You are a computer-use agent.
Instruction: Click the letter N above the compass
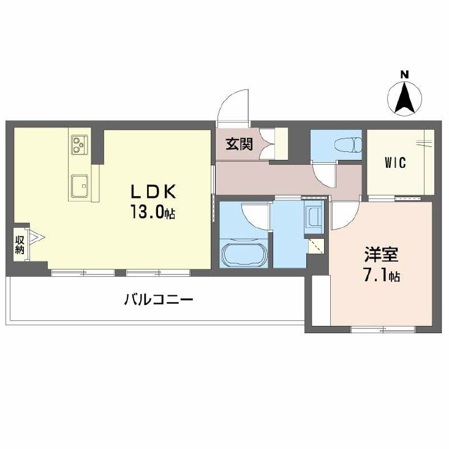[x=404, y=75]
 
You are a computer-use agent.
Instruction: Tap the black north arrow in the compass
[x=405, y=97]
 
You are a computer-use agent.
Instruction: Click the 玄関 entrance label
[x=240, y=144]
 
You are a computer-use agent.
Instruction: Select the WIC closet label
[x=395, y=163]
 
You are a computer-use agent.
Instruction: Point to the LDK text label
[x=153, y=192]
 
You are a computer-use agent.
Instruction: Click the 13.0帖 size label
[x=153, y=211]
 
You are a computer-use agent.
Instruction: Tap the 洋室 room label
[x=381, y=254]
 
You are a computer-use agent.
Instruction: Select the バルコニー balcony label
[x=159, y=300]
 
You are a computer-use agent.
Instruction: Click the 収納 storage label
[x=20, y=244]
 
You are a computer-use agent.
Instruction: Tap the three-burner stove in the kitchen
[x=80, y=145]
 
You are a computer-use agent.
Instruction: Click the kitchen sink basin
[x=80, y=186]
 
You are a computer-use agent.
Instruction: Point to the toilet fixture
[x=348, y=145]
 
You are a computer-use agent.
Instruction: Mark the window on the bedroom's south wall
[x=383, y=330]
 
